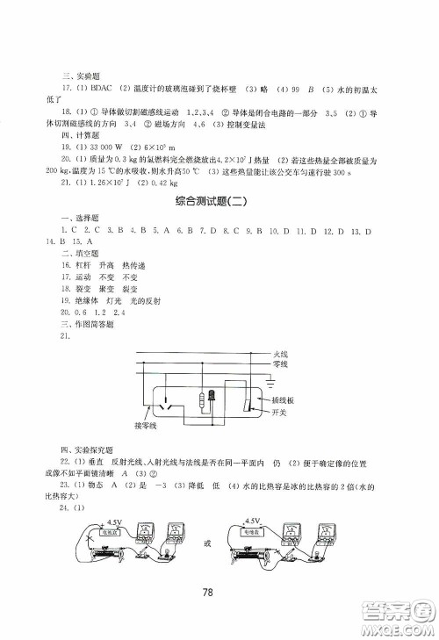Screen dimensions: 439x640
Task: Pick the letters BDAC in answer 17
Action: point(102,88)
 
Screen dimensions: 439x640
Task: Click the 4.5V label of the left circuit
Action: point(90,520)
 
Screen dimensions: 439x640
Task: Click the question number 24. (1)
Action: point(72,509)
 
